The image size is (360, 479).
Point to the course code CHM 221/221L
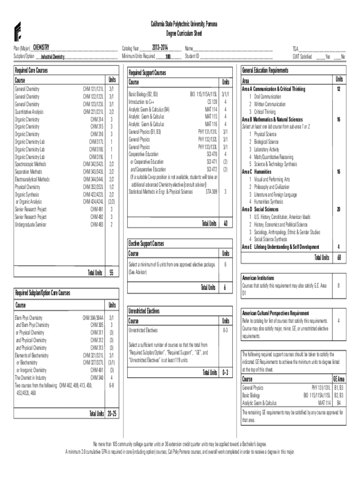coord(93,112)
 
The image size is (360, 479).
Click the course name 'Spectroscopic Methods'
coord(30,164)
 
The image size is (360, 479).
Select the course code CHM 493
coord(97,224)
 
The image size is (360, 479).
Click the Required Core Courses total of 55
coord(111,273)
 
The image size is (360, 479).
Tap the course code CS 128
coord(212,101)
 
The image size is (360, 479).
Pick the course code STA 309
coord(211,191)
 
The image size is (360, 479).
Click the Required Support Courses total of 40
coord(225,224)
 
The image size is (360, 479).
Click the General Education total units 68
coord(338,257)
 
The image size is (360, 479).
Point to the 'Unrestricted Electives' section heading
coord(144,311)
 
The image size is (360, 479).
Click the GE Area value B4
coord(338,402)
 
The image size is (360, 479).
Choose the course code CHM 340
coord(97,377)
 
